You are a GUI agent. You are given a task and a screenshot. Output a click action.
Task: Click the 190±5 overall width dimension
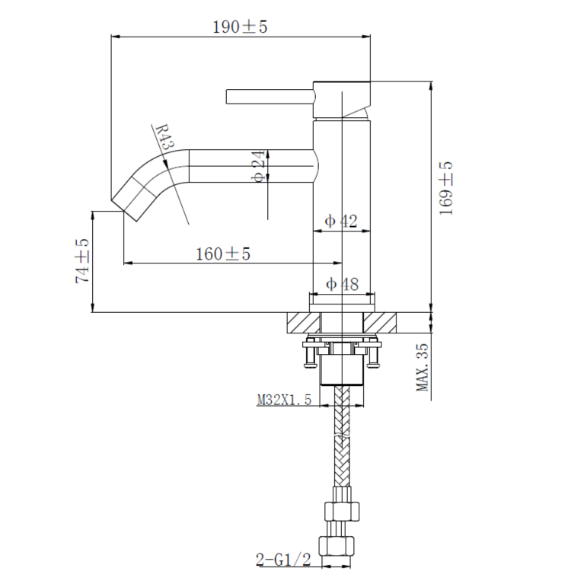240,27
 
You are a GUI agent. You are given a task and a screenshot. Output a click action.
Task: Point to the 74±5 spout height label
82,261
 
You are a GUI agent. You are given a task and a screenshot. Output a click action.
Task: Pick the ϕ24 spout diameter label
258,166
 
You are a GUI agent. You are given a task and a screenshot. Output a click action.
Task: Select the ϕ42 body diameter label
341,222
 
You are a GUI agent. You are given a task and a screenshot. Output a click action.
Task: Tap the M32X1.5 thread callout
284,400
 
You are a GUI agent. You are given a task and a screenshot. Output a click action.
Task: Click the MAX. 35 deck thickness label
423,367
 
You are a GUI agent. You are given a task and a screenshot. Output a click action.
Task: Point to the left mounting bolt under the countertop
309,355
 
